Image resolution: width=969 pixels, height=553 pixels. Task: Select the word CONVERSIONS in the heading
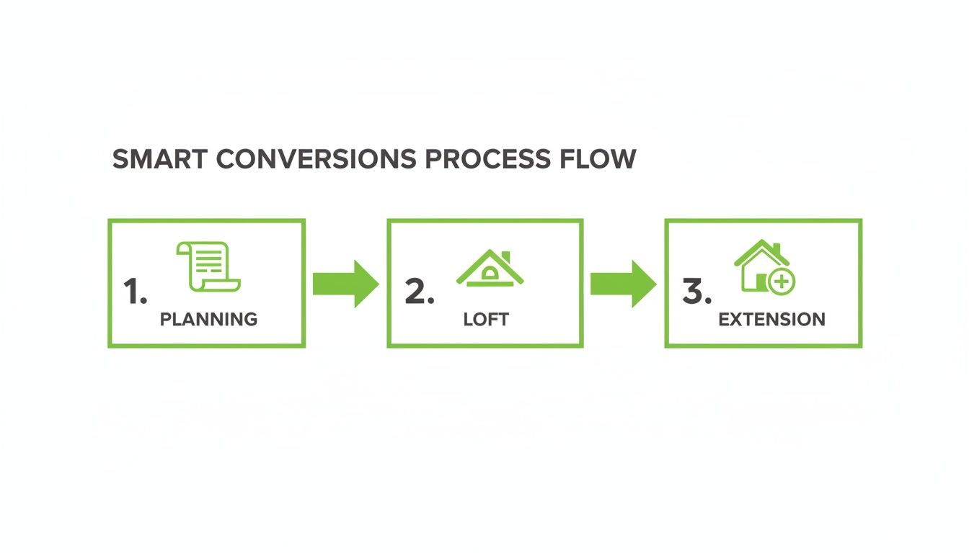(317, 159)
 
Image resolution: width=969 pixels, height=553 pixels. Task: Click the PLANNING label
(208, 319)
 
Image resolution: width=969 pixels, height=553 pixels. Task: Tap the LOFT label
(486, 319)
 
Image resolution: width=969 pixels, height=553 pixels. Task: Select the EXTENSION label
(771, 319)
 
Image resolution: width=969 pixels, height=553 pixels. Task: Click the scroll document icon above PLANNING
(208, 267)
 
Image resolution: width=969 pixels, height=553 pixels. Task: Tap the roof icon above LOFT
(490, 269)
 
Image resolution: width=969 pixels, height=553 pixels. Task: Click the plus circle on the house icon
(781, 282)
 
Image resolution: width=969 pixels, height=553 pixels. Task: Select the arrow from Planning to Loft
(345, 284)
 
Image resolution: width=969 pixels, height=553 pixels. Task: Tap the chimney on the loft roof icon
(505, 257)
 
